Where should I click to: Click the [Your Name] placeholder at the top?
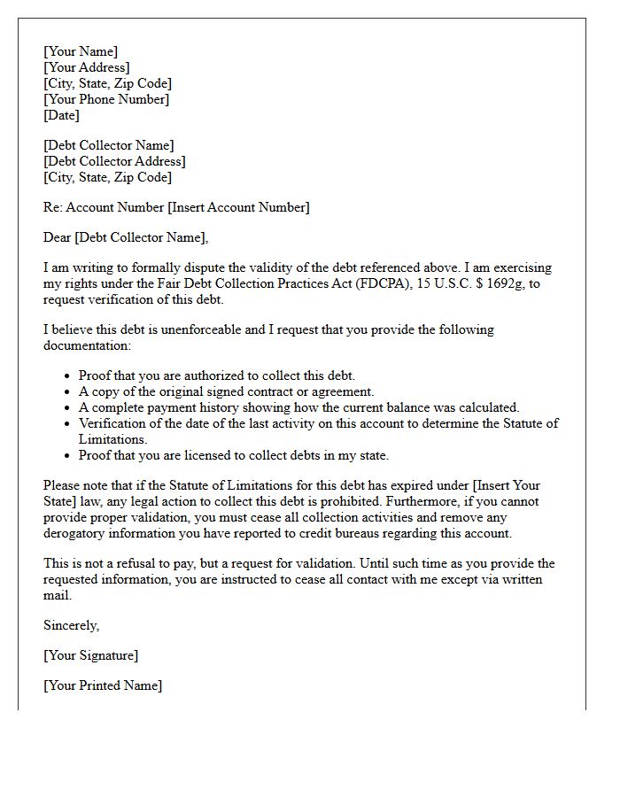tap(81, 51)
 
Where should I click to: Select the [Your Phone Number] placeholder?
tap(106, 99)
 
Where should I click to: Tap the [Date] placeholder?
tap(61, 115)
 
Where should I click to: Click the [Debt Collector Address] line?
tap(114, 161)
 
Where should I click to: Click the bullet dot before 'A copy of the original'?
tap(67, 392)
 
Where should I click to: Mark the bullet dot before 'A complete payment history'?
tap(67, 408)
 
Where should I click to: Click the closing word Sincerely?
tap(71, 625)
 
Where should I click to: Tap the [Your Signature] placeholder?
tap(90, 655)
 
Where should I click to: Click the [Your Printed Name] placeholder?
tap(103, 685)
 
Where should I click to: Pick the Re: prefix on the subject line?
tap(53, 207)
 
